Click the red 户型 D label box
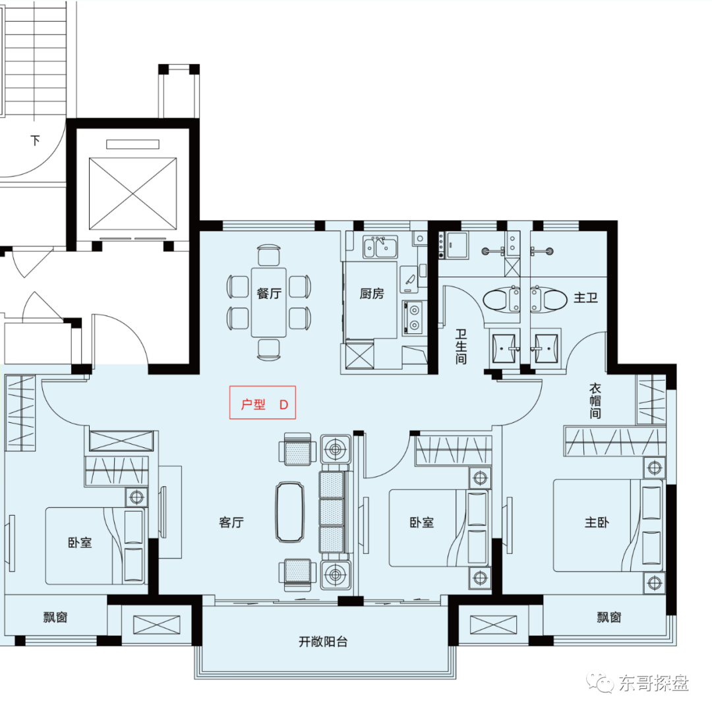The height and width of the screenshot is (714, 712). [x=262, y=402]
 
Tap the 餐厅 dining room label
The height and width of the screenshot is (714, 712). [x=269, y=293]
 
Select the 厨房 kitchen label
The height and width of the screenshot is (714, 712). [x=372, y=294]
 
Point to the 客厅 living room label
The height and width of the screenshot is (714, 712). [x=231, y=522]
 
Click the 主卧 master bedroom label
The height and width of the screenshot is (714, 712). [x=597, y=522]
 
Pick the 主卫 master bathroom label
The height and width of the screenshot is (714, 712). [x=585, y=298]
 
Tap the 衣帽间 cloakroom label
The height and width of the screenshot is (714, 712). [x=595, y=400]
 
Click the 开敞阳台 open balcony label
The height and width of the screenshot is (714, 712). [x=323, y=642]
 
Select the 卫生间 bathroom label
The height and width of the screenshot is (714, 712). [x=461, y=347]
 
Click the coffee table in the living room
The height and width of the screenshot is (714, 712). [x=289, y=512]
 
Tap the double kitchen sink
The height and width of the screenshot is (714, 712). [x=380, y=246]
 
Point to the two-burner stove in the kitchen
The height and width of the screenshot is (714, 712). [x=413, y=318]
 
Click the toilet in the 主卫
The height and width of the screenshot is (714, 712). [x=549, y=300]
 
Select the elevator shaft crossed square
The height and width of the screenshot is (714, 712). [x=133, y=194]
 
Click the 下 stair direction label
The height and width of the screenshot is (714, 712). [x=36, y=140]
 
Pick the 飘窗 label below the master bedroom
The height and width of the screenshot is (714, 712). [x=609, y=617]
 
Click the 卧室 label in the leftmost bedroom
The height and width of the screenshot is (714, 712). [x=80, y=542]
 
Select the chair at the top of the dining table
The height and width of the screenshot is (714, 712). [x=269, y=256]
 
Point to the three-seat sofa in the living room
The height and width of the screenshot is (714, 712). [x=335, y=512]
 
